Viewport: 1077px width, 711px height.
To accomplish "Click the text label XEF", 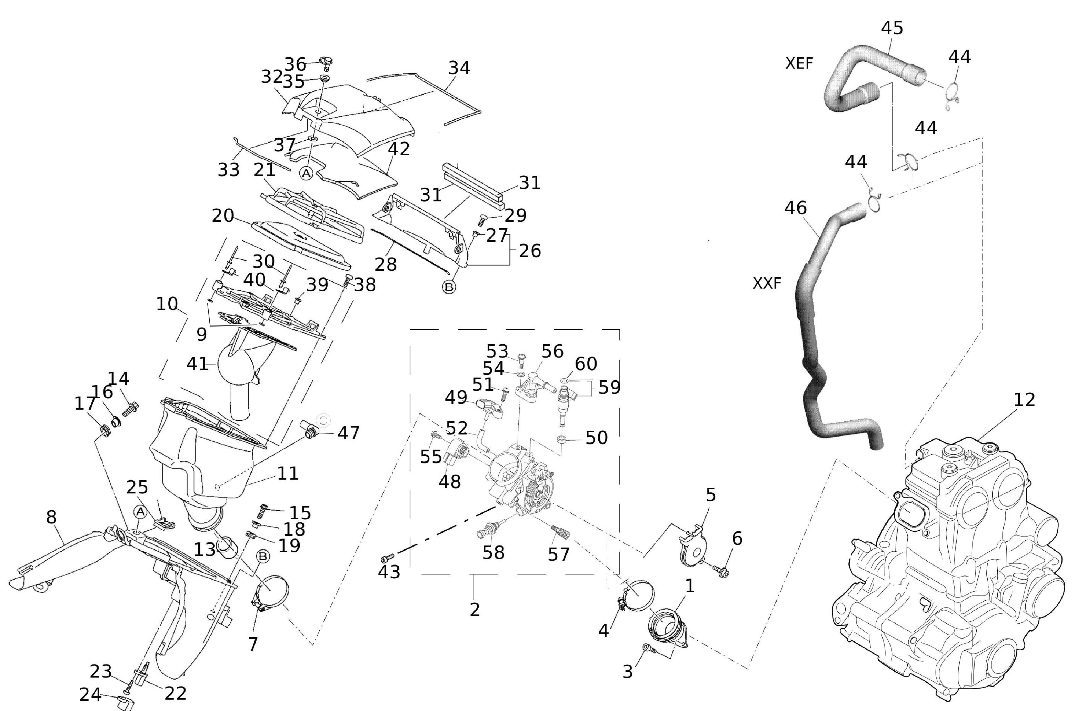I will [x=799, y=63].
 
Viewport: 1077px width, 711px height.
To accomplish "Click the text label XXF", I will [x=767, y=283].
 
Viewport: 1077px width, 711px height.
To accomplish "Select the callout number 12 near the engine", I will [x=1024, y=400].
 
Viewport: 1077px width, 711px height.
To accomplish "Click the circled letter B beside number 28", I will [x=448, y=287].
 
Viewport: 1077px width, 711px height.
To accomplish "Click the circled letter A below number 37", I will [x=307, y=173].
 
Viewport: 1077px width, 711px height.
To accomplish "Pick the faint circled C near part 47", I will [x=323, y=420].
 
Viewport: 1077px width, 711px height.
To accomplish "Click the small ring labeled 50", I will [x=562, y=439].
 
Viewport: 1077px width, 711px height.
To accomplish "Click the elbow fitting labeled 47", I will [x=308, y=429].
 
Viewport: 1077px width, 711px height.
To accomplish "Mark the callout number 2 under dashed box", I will [x=474, y=609].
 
